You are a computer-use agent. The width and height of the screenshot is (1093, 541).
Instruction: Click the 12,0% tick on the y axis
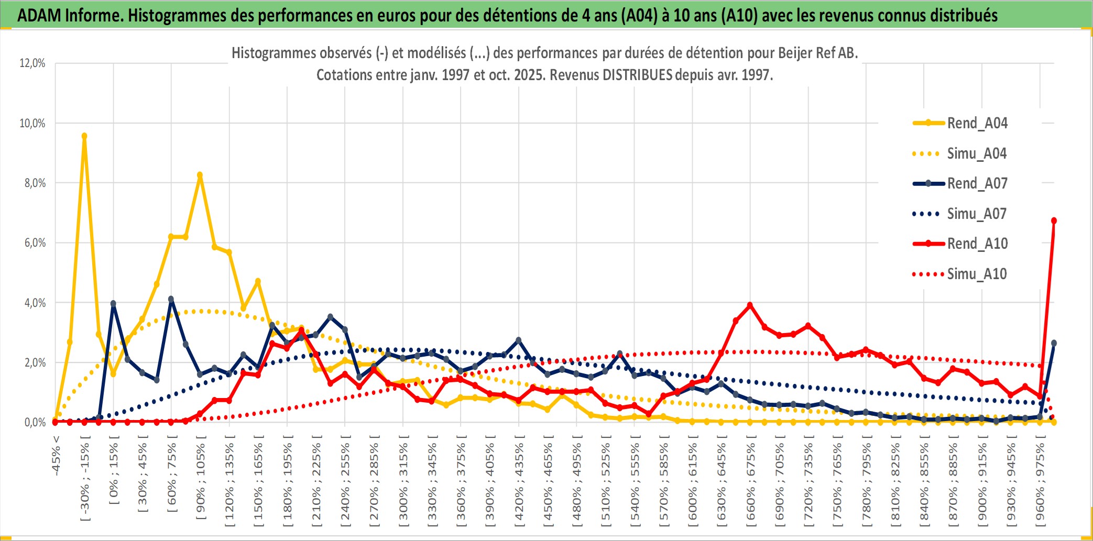point(32,63)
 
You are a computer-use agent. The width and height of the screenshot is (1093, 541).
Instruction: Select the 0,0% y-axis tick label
point(35,423)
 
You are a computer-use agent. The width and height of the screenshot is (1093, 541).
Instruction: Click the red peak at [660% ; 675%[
point(750,305)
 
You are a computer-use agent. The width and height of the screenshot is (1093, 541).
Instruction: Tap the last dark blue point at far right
point(1054,343)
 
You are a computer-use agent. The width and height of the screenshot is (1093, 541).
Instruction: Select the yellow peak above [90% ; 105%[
point(200,175)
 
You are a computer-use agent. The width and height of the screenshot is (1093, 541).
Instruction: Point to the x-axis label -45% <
point(56,456)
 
